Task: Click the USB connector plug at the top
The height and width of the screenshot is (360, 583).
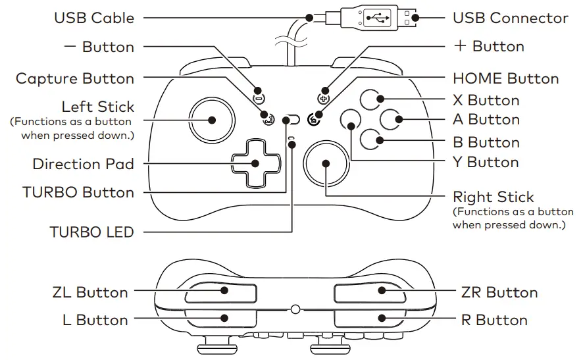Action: point(376,18)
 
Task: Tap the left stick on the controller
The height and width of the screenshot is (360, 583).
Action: point(212,120)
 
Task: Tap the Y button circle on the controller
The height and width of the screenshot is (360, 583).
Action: point(351,119)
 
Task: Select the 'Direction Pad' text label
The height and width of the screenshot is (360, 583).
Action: point(84,163)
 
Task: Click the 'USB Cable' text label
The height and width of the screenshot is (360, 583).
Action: point(94,18)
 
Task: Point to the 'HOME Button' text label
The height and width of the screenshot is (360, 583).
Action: point(505,79)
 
